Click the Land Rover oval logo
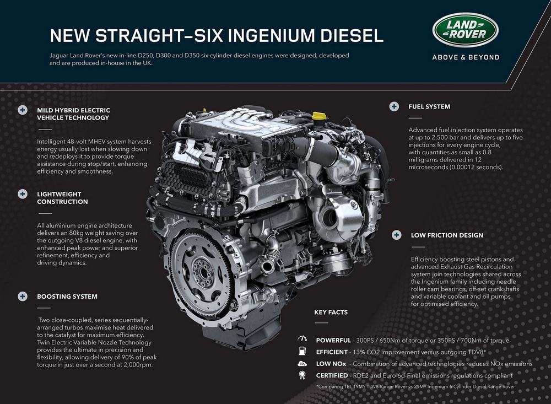pyautogui.click(x=465, y=30)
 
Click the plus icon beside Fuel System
pyautogui.click(x=394, y=106)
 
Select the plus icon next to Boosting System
pyautogui.click(x=23, y=297)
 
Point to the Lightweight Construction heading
pyautogui.click(x=63, y=198)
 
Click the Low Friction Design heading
pyautogui.click(x=447, y=235)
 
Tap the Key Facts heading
pyautogui.click(x=331, y=312)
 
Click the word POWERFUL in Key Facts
pyautogui.click(x=333, y=341)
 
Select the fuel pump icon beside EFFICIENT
pyautogui.click(x=302, y=351)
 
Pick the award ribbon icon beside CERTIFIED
pyautogui.click(x=302, y=375)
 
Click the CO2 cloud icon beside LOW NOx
pyautogui.click(x=302, y=364)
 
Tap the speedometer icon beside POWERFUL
pyautogui.click(x=302, y=338)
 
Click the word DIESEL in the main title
pyautogui.click(x=352, y=35)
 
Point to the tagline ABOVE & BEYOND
pyautogui.click(x=466, y=57)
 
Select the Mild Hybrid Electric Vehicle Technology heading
pyautogui.click(x=73, y=114)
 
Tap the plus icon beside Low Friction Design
pyautogui.click(x=396, y=235)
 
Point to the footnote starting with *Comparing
pyautogui.click(x=415, y=387)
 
